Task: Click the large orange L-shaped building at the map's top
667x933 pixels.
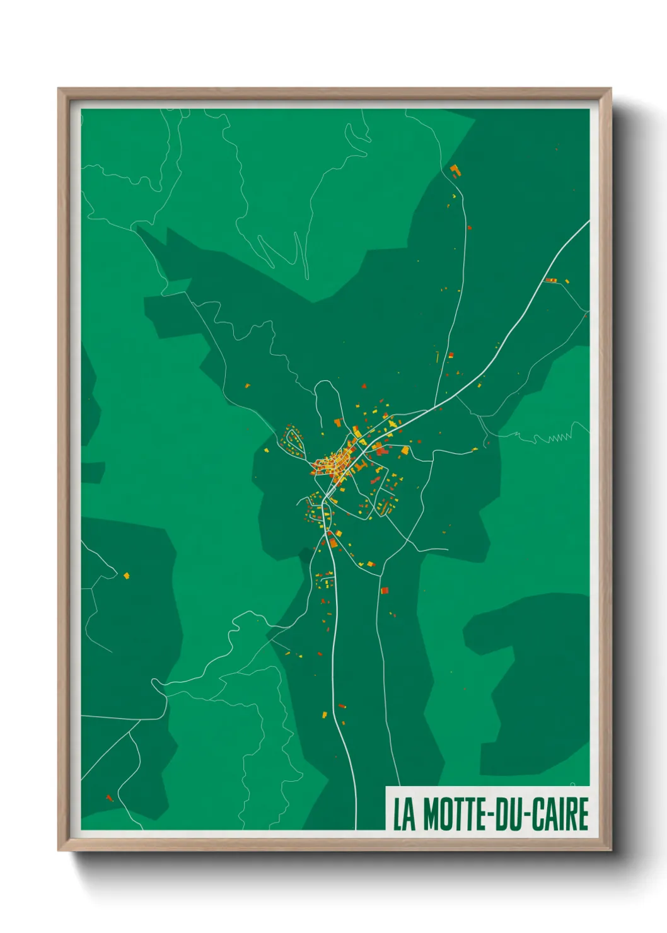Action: pos(455,170)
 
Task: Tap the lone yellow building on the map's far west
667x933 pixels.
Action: pos(126,575)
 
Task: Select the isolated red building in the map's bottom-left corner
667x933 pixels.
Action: pos(109,797)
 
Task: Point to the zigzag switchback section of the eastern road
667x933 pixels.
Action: pos(560,437)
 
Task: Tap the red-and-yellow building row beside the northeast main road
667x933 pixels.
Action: pos(551,280)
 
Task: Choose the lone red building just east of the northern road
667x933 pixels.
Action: pos(451,356)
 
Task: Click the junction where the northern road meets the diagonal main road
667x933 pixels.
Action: pos(435,405)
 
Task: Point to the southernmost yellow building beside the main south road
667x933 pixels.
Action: pos(325,715)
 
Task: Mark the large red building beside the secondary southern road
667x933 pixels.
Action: pos(385,591)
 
